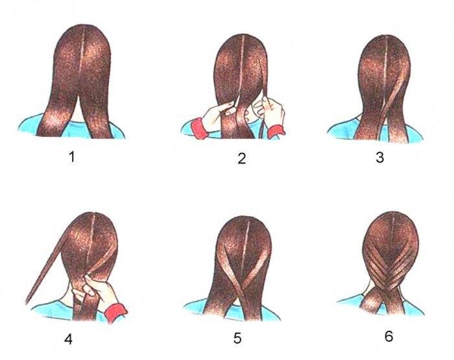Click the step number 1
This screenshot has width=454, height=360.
[x=72, y=157]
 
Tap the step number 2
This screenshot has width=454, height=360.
[x=241, y=159]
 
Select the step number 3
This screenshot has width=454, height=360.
[x=380, y=158]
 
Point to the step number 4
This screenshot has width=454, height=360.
[x=68, y=339]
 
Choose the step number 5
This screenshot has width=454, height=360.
[x=237, y=339]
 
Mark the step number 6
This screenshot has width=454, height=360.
[x=389, y=336]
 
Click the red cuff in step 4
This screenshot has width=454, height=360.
[x=115, y=312]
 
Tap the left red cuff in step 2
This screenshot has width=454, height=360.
[x=198, y=128]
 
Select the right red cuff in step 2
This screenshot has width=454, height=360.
[x=276, y=132]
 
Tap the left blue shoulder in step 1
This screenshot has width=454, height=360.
[x=29, y=125]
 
